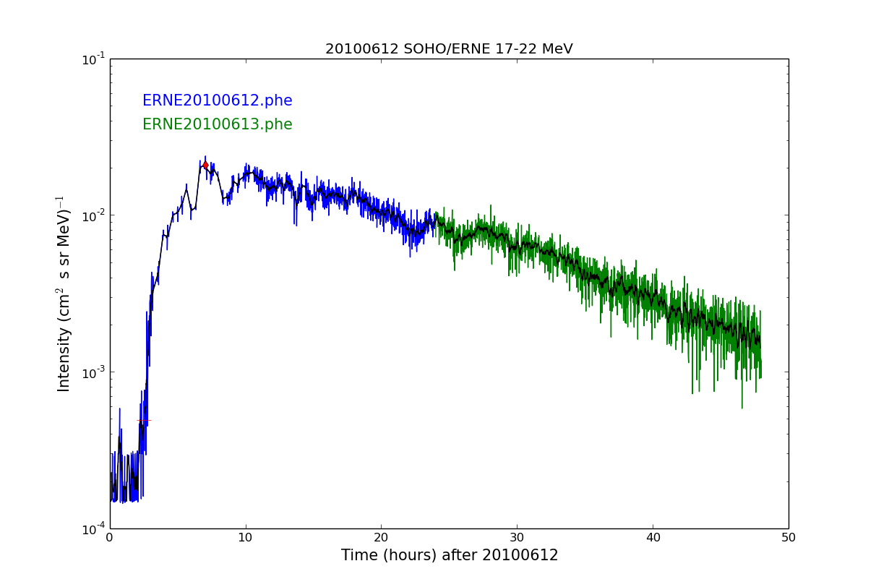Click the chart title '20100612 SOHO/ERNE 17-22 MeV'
click(449, 49)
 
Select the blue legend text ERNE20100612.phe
click(217, 101)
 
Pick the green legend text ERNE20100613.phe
click(217, 124)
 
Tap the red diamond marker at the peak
click(205, 166)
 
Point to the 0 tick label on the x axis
click(110, 538)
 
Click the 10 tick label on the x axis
click(246, 538)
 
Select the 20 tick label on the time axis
click(381, 538)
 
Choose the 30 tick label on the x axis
click(517, 538)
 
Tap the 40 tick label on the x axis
click(653, 538)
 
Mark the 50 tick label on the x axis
click(788, 538)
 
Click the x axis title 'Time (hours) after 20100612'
click(450, 556)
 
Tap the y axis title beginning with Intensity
click(64, 293)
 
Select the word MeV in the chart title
click(556, 49)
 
